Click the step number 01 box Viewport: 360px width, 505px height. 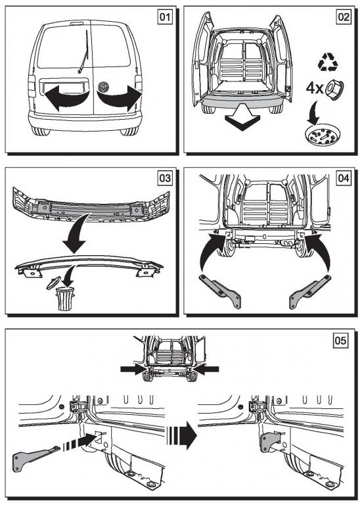click(x=165, y=16)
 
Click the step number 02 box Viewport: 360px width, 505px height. click(x=344, y=16)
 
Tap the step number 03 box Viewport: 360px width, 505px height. click(x=165, y=178)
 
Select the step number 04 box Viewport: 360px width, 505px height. click(x=344, y=178)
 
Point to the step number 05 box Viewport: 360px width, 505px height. click(x=341, y=341)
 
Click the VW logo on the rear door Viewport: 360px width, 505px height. click(x=103, y=87)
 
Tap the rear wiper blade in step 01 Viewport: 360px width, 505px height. click(x=84, y=51)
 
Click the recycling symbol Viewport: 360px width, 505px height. click(x=328, y=62)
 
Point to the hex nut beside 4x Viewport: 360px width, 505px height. click(x=334, y=88)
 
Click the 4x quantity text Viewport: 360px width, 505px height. click(x=314, y=88)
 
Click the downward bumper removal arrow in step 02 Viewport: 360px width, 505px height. click(x=242, y=117)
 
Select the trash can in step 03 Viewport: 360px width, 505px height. click(x=65, y=299)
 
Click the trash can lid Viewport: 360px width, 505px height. click(x=53, y=282)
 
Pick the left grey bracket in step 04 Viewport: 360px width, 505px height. click(x=220, y=291)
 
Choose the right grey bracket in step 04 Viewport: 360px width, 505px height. click(x=309, y=291)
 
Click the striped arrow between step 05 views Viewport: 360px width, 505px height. click(x=182, y=436)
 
